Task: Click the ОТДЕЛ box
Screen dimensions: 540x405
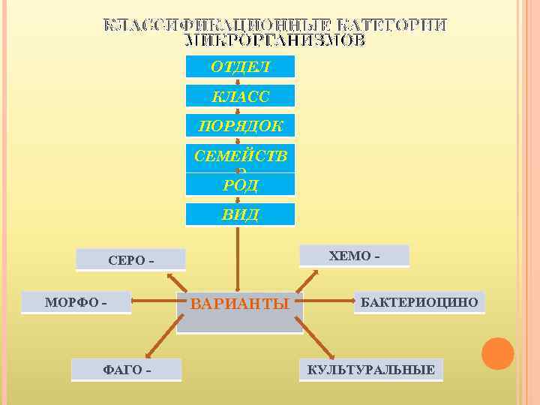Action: [240, 67]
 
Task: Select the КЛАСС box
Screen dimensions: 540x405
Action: [240, 96]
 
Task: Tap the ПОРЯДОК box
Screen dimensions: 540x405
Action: [240, 125]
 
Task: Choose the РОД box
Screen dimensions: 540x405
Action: [240, 184]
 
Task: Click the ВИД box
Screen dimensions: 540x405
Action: [240, 214]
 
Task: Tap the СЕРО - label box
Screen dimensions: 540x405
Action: [131, 260]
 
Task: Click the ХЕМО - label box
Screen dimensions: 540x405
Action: [354, 256]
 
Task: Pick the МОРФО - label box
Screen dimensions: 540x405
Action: [76, 302]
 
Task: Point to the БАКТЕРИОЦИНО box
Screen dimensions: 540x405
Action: [419, 302]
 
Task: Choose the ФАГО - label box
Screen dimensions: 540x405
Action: [126, 370]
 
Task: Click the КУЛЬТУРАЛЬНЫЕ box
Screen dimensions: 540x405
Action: [370, 370]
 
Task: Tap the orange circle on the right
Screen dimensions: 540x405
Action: [497, 353]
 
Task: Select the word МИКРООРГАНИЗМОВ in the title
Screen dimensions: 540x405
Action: [275, 40]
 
